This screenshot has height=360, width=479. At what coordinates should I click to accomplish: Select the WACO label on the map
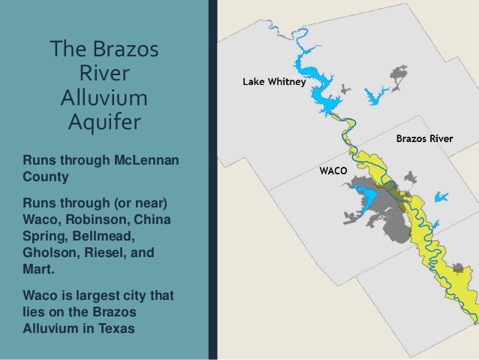[x=333, y=171]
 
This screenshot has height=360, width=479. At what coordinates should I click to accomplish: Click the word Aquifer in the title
[x=104, y=121]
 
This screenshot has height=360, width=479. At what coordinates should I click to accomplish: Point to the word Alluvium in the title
[x=104, y=98]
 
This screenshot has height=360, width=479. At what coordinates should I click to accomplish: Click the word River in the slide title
[x=104, y=75]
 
